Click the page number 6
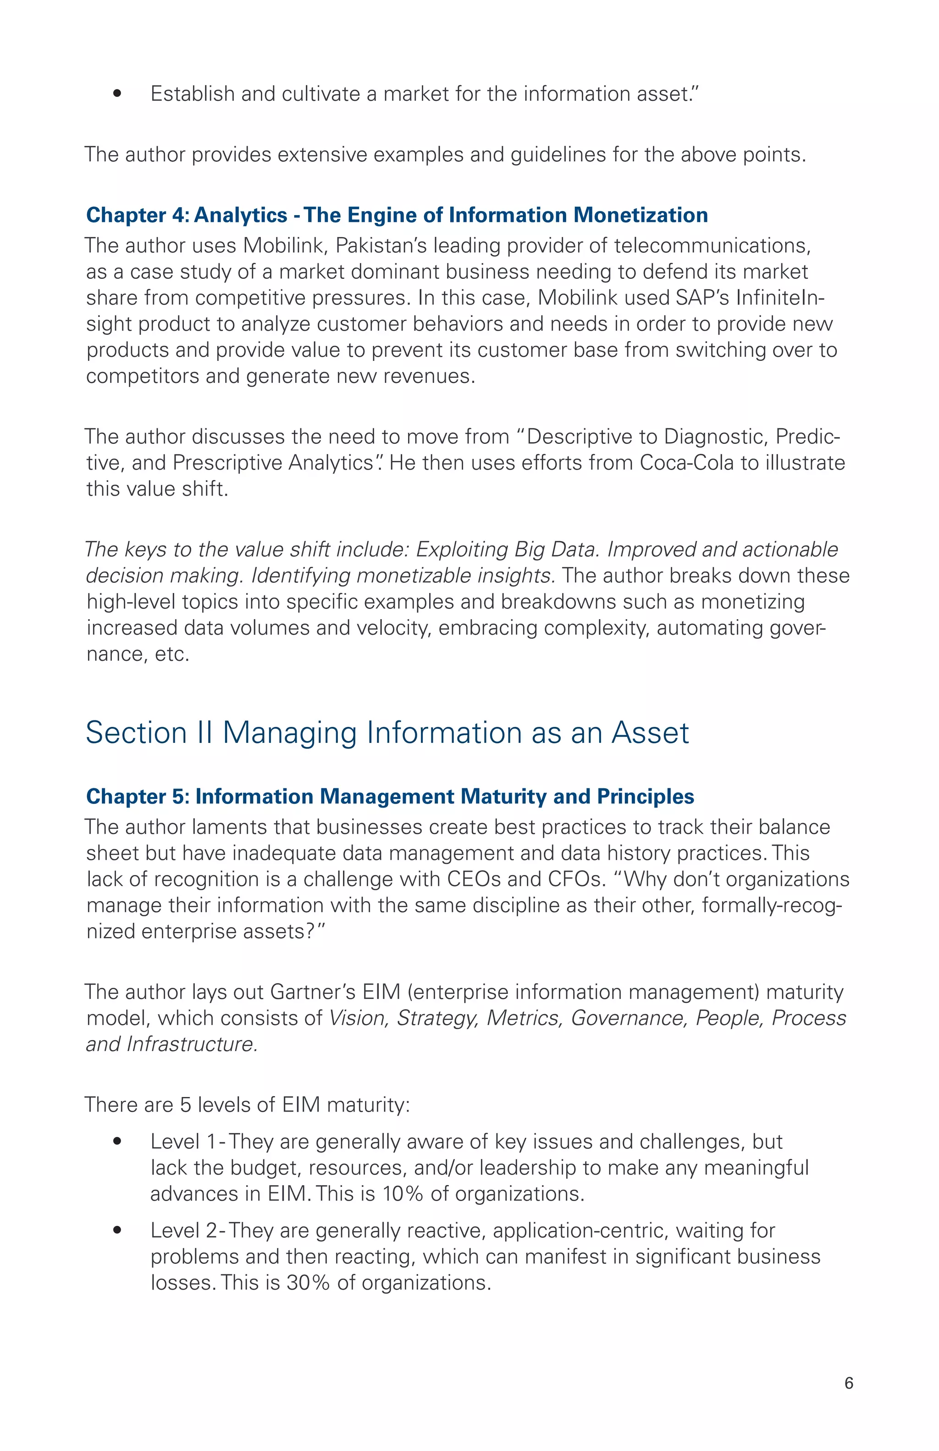point(849,1383)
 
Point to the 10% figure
point(403,1193)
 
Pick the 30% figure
point(308,1282)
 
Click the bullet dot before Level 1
point(117,1141)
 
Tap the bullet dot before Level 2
point(117,1230)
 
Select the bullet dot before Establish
point(117,94)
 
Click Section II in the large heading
point(149,733)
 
